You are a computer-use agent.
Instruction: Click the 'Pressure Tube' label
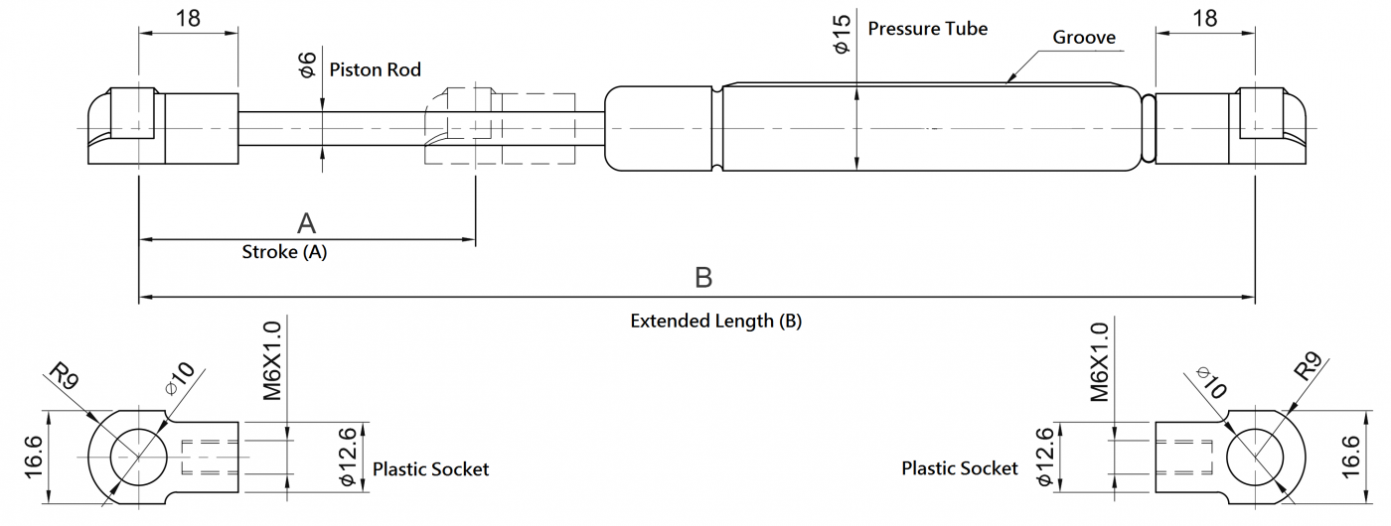pos(927,28)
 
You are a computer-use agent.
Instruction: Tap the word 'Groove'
pos(1084,38)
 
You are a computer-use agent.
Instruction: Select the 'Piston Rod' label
pos(375,69)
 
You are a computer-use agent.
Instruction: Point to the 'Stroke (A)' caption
pos(284,252)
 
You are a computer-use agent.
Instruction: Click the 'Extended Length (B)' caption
pos(715,321)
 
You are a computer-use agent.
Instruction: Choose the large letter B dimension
pos(703,278)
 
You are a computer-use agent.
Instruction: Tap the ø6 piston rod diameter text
pos(307,66)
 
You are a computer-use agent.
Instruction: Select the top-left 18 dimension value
pos(189,17)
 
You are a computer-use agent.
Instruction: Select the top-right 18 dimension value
pos(1204,17)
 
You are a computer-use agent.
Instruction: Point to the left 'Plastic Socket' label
pos(430,468)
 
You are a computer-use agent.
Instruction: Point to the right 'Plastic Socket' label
pos(960,467)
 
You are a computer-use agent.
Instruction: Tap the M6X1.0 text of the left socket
pos(273,360)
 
